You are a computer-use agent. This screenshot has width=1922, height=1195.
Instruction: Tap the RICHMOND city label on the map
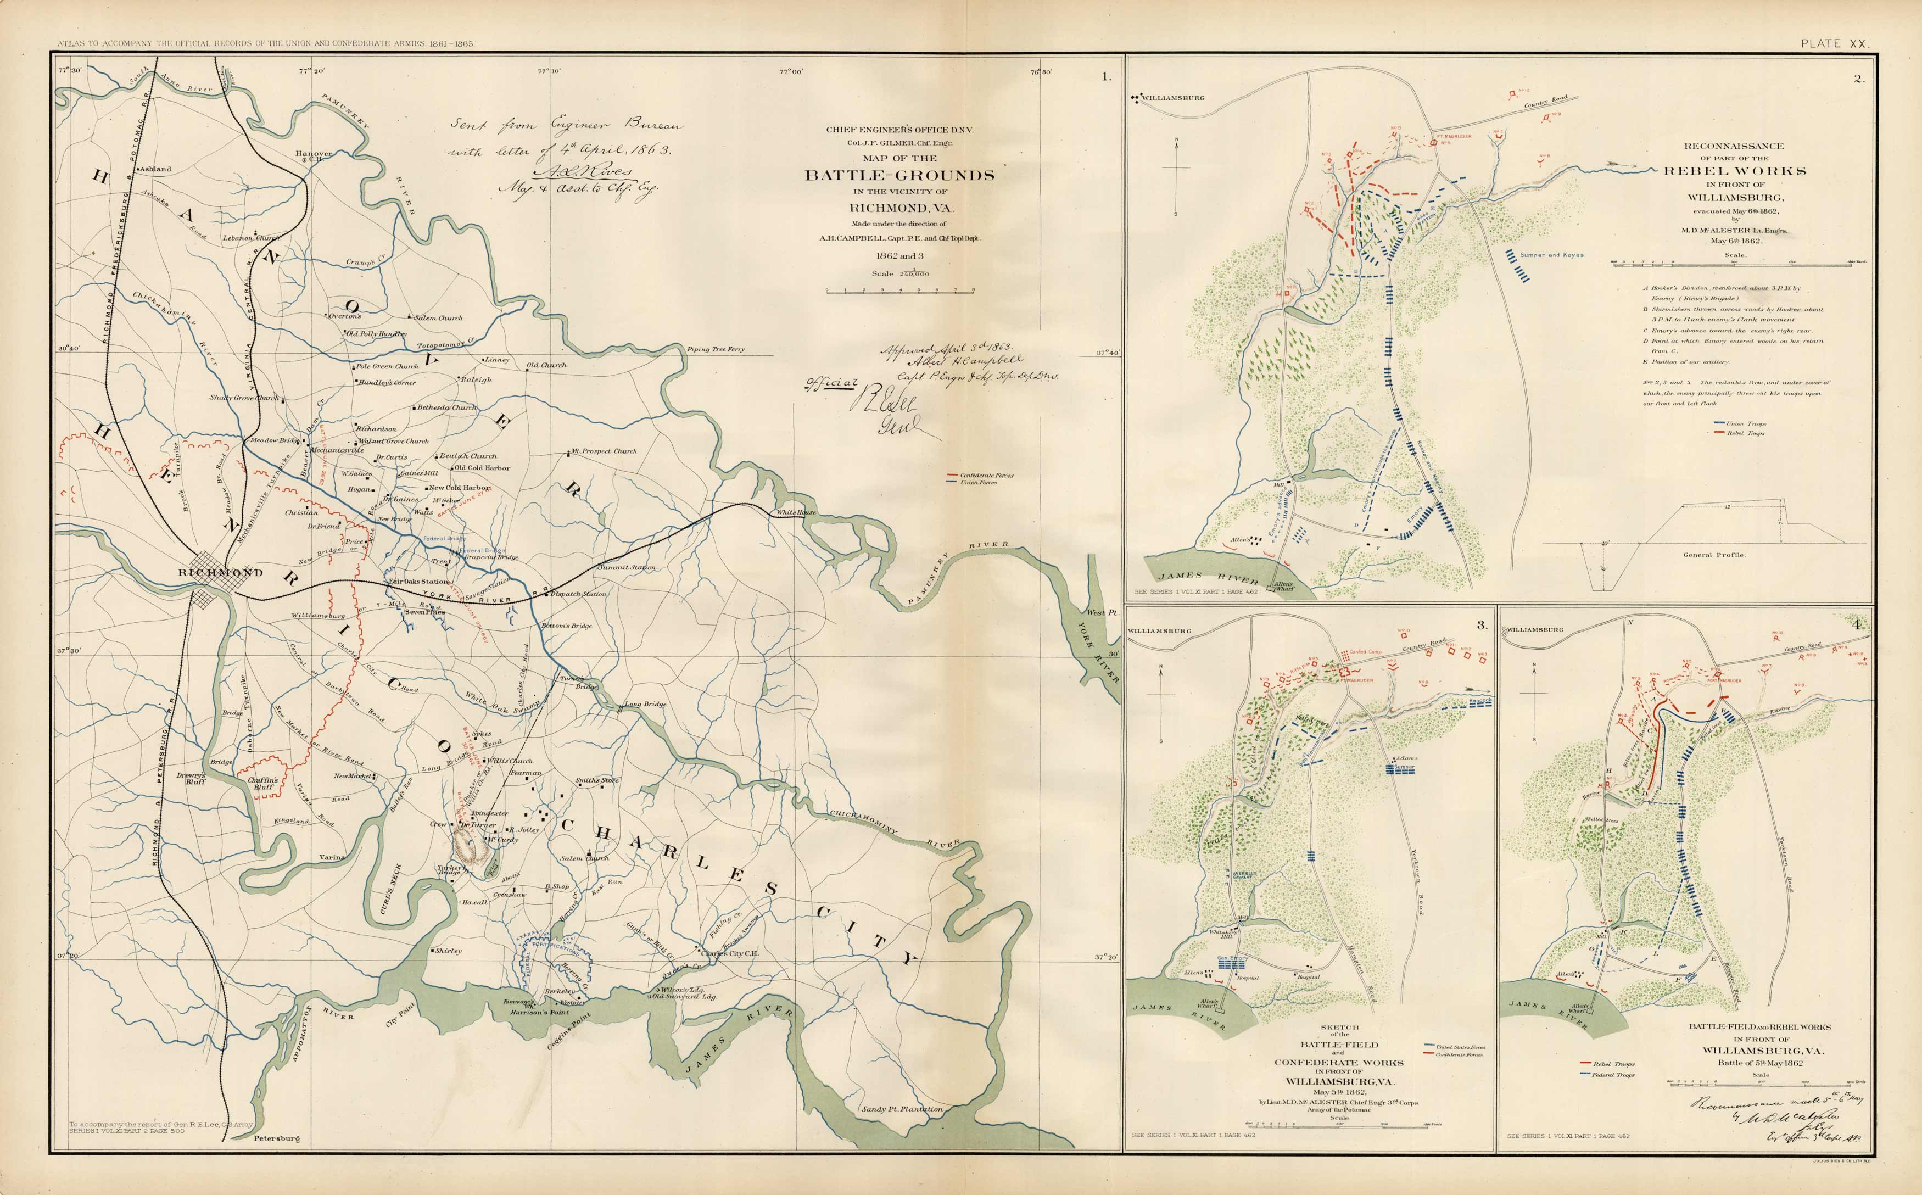click(221, 572)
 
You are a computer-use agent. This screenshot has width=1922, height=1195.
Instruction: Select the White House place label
click(796, 513)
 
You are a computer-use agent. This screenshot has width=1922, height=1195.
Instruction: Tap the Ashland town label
click(155, 169)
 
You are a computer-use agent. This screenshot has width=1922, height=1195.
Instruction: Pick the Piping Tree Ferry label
click(715, 349)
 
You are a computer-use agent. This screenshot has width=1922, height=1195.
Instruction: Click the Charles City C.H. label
click(730, 953)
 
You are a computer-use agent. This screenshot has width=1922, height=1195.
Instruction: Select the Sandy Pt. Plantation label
click(903, 1109)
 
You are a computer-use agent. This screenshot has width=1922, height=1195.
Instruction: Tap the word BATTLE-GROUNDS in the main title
click(899, 175)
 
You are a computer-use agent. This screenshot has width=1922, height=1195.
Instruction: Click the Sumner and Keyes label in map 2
click(1551, 255)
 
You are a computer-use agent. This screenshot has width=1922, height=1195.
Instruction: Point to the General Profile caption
click(1713, 555)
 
